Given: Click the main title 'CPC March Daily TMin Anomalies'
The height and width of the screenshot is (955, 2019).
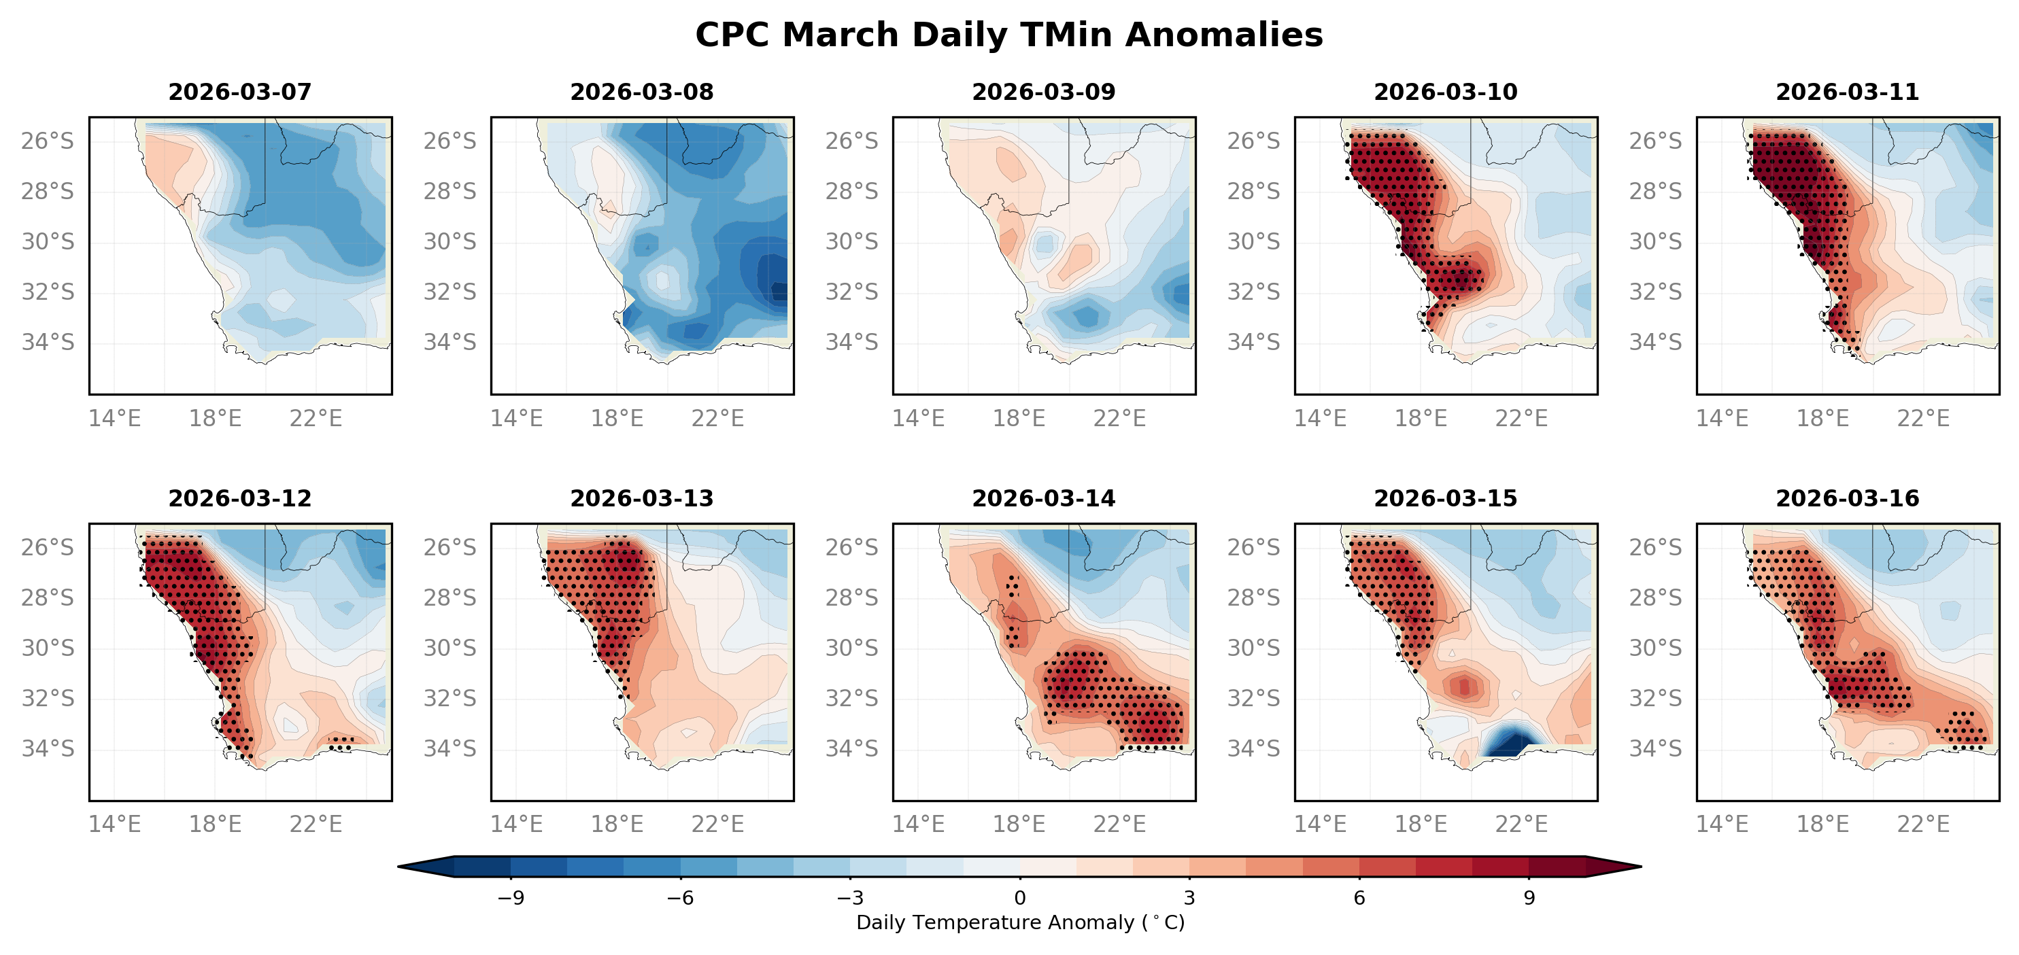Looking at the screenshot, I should point(1008,35).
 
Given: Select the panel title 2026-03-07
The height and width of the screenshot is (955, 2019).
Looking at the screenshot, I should point(240,92).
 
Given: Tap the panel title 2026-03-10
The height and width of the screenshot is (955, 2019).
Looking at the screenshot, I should point(1445,92).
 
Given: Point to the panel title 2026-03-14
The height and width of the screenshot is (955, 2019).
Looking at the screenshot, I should point(1043,498).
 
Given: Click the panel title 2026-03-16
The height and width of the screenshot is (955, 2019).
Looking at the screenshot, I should point(1848,498).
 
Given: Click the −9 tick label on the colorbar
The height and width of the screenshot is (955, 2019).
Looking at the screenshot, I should point(510,898).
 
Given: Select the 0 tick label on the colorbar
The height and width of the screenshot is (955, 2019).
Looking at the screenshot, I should point(1019,898).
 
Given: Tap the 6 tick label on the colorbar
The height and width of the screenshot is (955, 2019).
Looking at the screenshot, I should point(1359,898).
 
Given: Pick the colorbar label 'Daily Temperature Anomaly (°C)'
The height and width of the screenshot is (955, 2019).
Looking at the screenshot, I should point(1019,923).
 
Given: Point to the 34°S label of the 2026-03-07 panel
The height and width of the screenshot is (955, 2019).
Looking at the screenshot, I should point(48,343).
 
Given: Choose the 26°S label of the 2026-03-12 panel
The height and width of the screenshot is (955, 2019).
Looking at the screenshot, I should point(48,547).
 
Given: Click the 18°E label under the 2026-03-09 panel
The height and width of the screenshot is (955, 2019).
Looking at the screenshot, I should point(1019,418).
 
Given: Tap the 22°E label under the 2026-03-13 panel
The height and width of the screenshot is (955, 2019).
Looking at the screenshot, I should point(717,824).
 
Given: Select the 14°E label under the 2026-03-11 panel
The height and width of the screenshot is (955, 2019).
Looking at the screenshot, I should point(1722,418).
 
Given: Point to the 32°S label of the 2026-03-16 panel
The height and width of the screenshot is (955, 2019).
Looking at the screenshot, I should point(1655,698).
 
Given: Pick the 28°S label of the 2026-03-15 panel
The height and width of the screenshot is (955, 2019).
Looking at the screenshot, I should point(1253,597).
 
